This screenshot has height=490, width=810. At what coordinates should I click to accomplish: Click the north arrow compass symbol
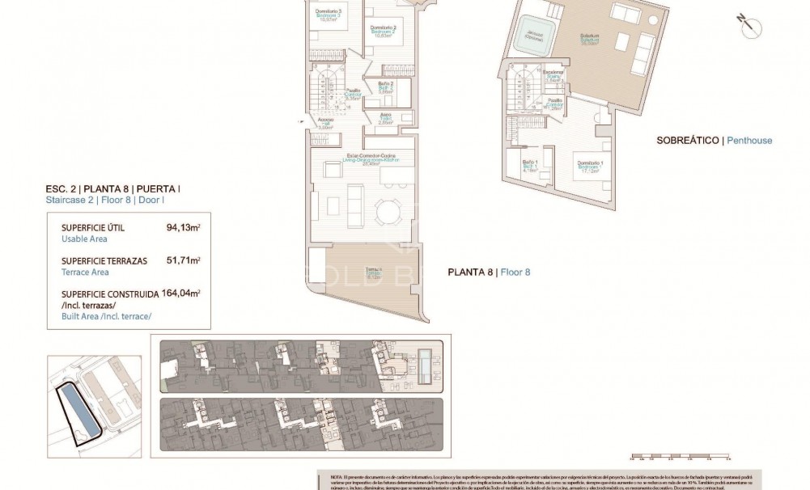[749, 25]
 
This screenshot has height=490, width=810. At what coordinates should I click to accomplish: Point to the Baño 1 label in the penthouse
[530, 167]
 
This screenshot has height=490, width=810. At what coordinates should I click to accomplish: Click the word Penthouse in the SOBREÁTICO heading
[749, 140]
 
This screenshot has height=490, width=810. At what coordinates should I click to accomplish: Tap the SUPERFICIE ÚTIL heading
[93, 228]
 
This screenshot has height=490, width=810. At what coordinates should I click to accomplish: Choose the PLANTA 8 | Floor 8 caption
[489, 272]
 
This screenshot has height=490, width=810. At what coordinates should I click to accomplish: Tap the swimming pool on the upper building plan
[426, 365]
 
